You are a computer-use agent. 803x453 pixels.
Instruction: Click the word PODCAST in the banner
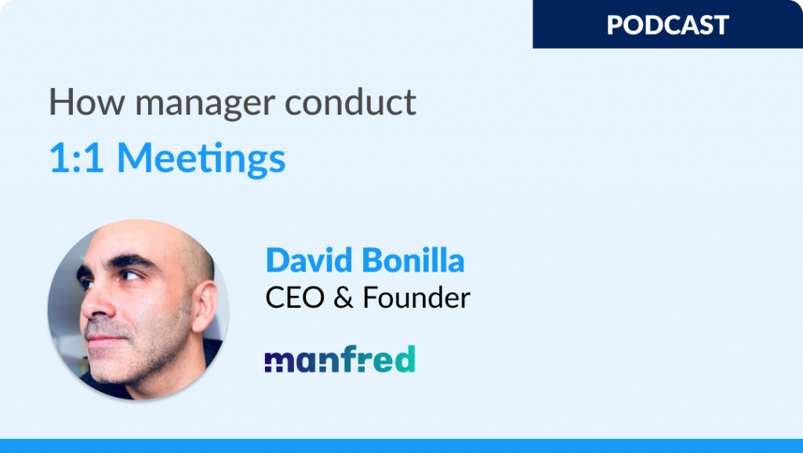click(x=667, y=24)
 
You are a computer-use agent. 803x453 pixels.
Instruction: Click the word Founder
click(x=416, y=298)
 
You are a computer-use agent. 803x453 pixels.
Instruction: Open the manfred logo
click(x=340, y=359)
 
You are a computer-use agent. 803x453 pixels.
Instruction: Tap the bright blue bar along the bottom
click(x=401, y=445)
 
